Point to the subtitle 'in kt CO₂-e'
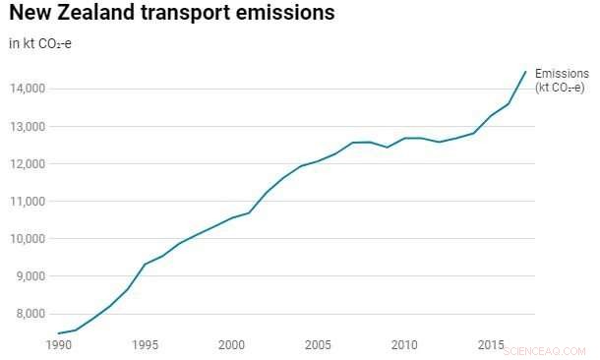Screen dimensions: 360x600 (39, 44)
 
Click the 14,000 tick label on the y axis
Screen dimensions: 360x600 (27, 90)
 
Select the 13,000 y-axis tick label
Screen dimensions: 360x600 (27, 127)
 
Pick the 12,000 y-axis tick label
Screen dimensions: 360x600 (27, 164)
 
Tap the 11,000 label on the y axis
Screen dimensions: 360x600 (27, 202)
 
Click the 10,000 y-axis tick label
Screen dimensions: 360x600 (27, 239)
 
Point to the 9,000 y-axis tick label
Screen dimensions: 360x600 (30, 276)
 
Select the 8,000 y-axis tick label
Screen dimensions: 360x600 (30, 314)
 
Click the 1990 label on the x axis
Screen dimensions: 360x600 (58, 345)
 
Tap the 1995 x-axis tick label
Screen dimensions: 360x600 (145, 345)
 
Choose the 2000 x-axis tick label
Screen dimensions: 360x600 (231, 345)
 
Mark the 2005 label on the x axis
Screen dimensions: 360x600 (317, 345)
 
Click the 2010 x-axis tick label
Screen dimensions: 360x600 (403, 345)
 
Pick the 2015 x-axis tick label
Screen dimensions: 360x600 (490, 345)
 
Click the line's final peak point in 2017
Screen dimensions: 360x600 (526, 71)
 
